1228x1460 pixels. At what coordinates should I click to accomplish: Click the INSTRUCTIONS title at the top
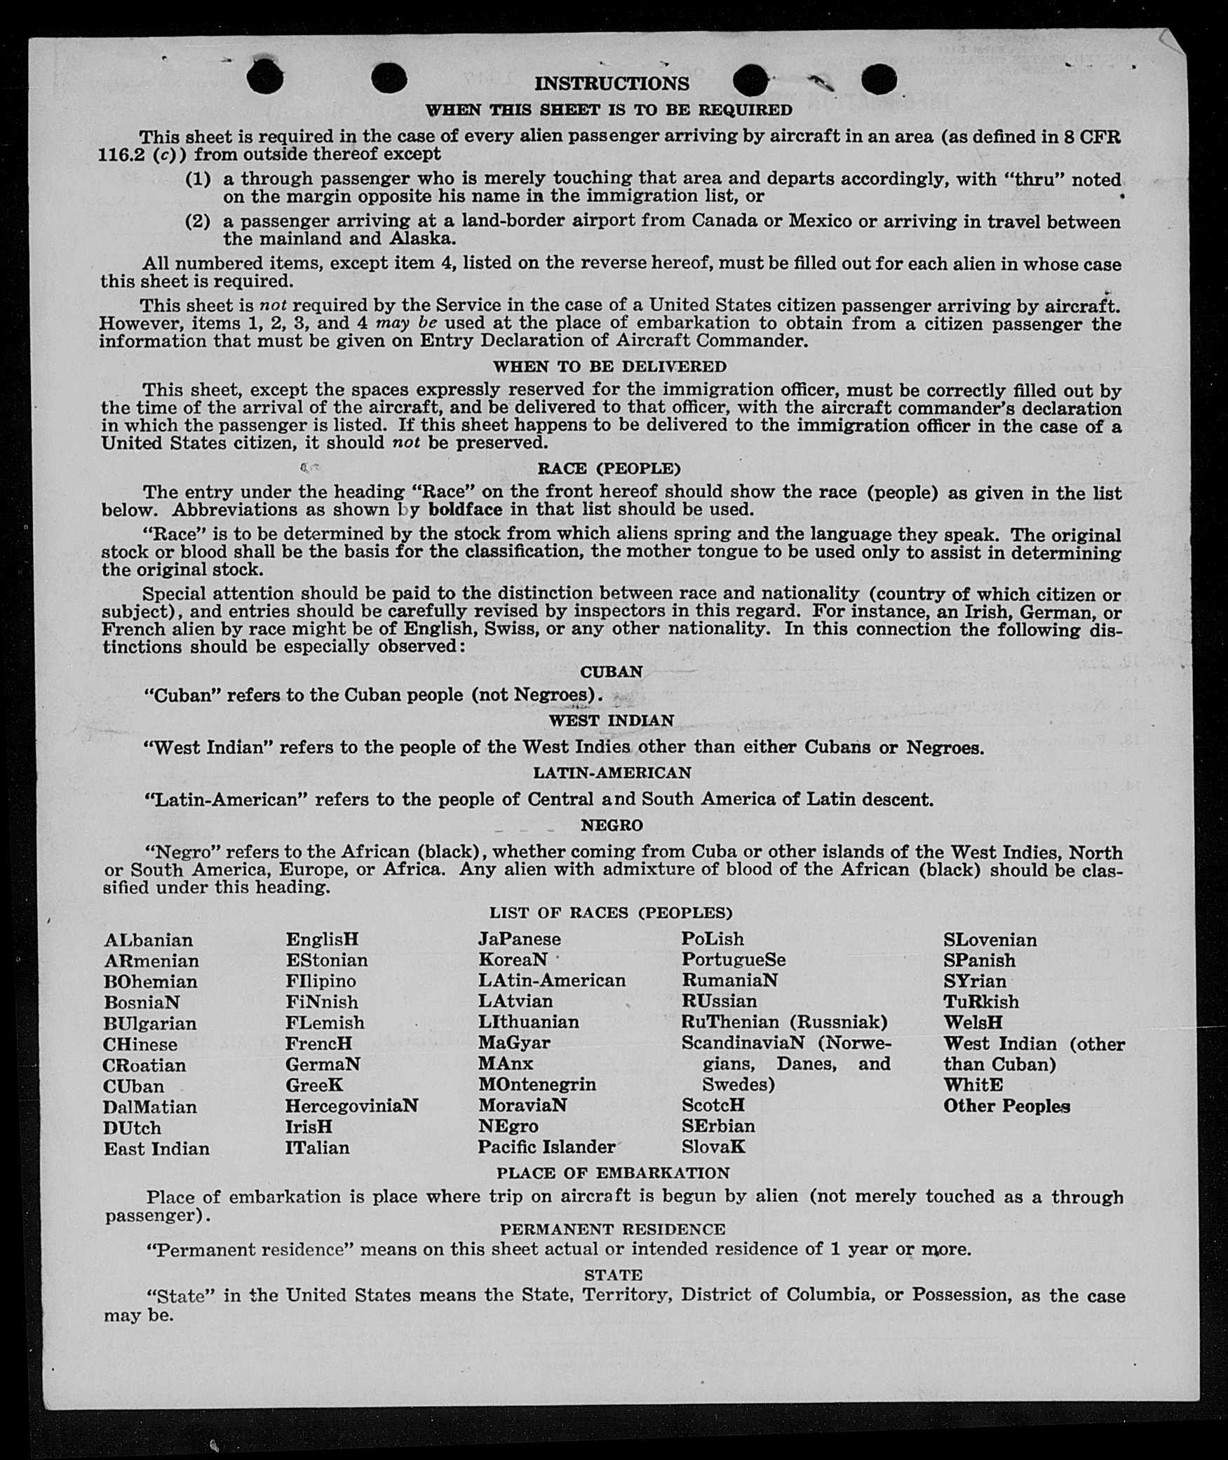[612, 84]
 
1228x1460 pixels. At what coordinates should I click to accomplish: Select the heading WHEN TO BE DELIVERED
[609, 367]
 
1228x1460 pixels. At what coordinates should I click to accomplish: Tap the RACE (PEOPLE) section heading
[609, 468]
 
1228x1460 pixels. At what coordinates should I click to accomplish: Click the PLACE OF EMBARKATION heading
[613, 1173]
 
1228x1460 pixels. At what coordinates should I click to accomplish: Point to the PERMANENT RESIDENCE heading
[612, 1229]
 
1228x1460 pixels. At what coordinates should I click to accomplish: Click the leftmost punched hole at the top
[265, 76]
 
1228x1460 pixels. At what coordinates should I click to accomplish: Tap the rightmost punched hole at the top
[879, 79]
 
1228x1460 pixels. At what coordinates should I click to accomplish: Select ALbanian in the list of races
[148, 940]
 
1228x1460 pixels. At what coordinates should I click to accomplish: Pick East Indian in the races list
[156, 1149]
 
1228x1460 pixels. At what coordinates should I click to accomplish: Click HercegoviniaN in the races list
[351, 1106]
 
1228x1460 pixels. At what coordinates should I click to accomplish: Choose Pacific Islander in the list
[546, 1147]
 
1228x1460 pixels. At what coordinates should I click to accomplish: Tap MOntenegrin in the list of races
[537, 1084]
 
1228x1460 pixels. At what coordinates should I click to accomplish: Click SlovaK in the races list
[713, 1147]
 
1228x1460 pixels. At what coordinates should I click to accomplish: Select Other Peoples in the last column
[1006, 1106]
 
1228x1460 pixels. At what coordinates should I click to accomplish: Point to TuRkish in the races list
[980, 1001]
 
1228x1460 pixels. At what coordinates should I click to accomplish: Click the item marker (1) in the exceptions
[198, 180]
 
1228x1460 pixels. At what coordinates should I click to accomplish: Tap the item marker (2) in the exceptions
[198, 222]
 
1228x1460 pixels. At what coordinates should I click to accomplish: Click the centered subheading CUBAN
[612, 672]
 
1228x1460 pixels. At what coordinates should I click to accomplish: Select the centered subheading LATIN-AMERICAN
[612, 773]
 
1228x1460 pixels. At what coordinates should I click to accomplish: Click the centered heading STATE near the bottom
[613, 1275]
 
